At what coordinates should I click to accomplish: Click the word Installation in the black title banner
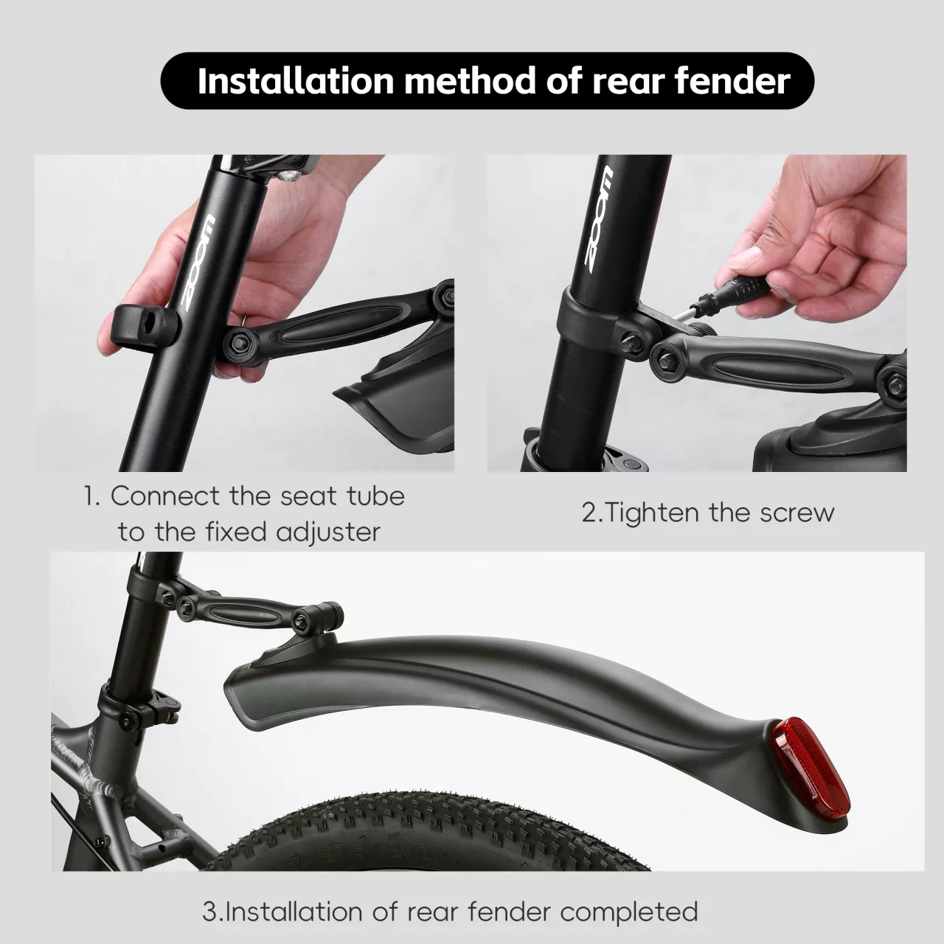coord(296,81)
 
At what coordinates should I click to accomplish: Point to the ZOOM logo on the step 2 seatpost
coord(599,220)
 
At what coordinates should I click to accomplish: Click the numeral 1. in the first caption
coord(91,496)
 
